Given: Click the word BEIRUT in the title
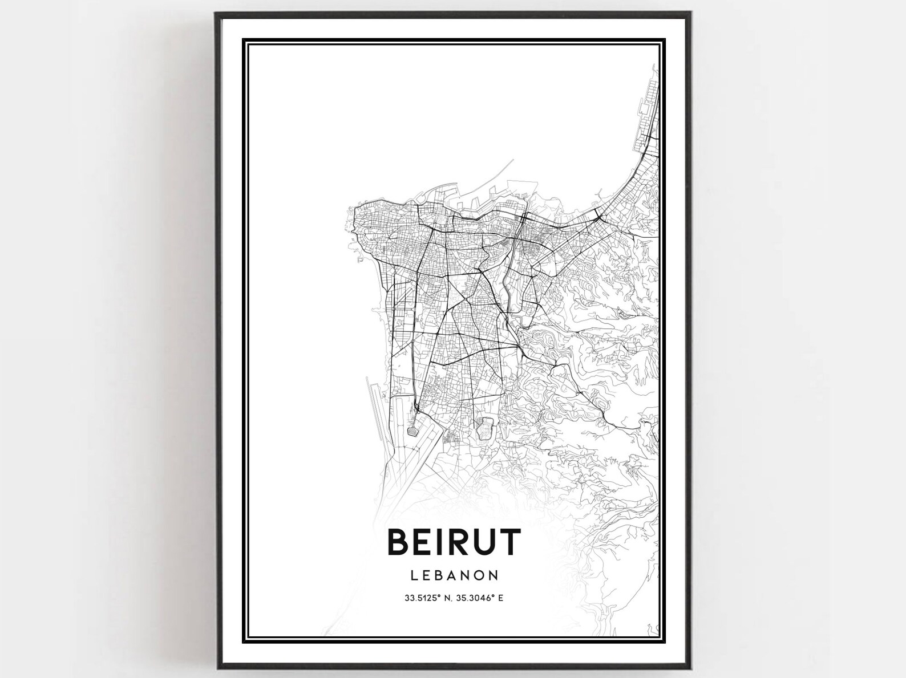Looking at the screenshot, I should pyautogui.click(x=454, y=542).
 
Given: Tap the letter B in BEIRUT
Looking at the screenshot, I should pyautogui.click(x=399, y=542).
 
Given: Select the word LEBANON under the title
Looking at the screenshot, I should pyautogui.click(x=454, y=575).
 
